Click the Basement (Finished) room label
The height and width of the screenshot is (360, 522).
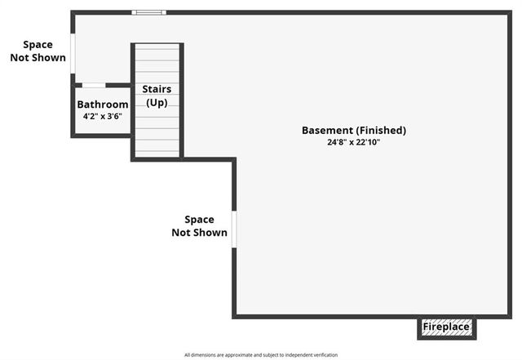point(353,131)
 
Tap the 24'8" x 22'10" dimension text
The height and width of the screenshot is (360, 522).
point(353,142)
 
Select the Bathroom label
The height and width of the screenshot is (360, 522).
point(103,104)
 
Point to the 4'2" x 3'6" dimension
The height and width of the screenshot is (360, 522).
point(103,117)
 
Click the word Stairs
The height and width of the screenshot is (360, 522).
point(157,89)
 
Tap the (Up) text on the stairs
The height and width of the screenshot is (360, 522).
point(157,102)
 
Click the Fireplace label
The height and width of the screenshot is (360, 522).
point(446,327)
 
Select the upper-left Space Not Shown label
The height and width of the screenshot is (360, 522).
point(38,51)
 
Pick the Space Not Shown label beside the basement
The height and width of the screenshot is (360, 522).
point(199,226)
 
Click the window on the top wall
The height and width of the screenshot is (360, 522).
point(149,12)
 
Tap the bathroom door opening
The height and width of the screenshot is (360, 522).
point(94,85)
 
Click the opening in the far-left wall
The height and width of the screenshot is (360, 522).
point(73,54)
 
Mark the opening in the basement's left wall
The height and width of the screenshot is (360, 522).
point(234,229)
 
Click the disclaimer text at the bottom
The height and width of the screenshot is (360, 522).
point(261,355)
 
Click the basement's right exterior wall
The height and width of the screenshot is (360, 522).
point(510,163)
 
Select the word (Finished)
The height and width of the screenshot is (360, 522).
point(380,131)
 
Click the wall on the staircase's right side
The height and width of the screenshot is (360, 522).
point(182,98)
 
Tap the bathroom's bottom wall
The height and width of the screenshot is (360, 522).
point(101,136)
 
